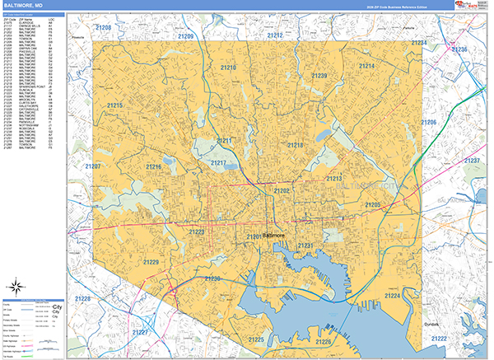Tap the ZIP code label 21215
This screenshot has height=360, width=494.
click(x=114, y=105)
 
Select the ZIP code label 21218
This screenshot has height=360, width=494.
click(x=295, y=146)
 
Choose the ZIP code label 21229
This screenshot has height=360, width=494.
click(x=151, y=262)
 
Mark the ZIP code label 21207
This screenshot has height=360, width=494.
click(x=92, y=166)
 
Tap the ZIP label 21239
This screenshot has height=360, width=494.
click(x=319, y=77)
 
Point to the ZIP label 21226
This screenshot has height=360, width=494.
click(x=324, y=342)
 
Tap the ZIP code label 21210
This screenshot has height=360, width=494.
click(x=228, y=68)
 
